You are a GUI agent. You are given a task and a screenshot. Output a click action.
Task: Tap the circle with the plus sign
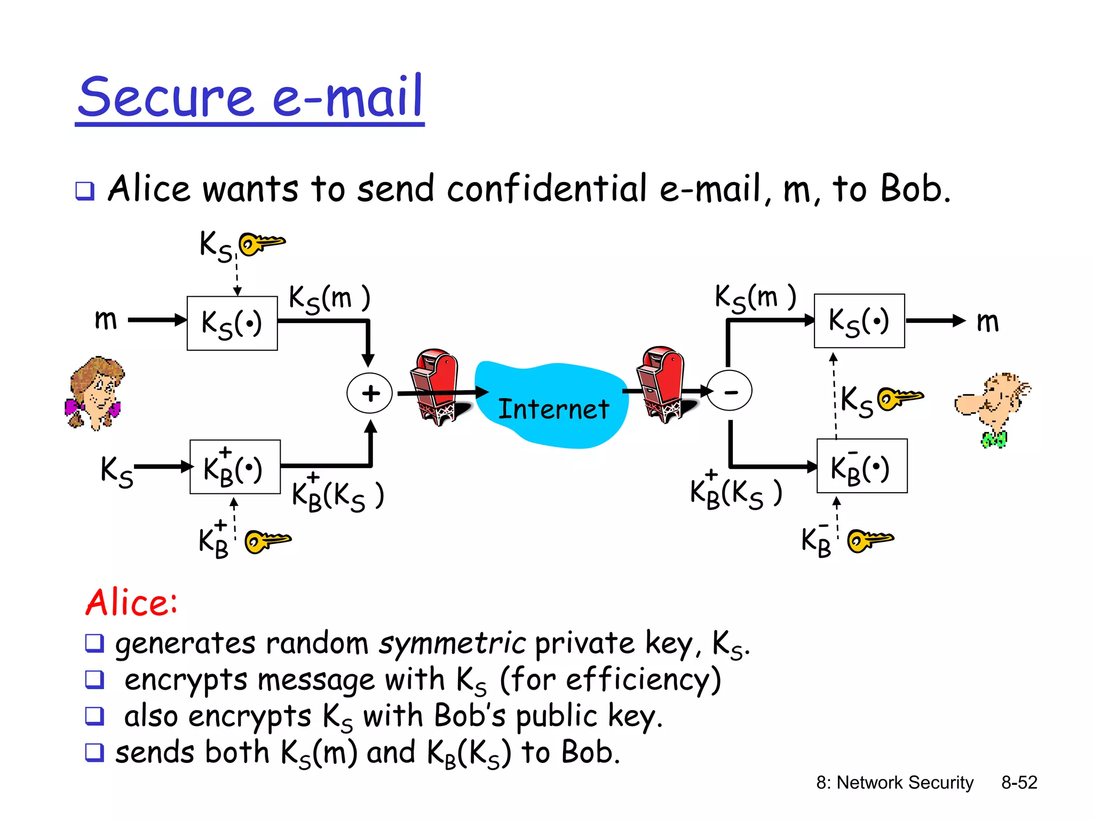[x=369, y=393]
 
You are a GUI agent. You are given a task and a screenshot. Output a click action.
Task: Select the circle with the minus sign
[x=730, y=391]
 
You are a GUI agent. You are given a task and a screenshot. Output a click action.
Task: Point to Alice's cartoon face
[x=94, y=393]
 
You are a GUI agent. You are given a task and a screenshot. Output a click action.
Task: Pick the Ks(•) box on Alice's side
[x=232, y=324]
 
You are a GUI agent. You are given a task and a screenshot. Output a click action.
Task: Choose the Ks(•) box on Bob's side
[x=859, y=321]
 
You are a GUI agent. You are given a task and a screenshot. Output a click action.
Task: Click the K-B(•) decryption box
[x=862, y=466]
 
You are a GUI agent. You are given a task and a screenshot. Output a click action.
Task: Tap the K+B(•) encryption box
[x=235, y=467]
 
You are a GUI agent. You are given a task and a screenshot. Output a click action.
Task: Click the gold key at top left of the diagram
[x=262, y=243]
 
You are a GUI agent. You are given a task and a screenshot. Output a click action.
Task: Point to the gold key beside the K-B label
[x=870, y=540]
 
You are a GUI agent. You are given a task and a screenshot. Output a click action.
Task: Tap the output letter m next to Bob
[x=987, y=322]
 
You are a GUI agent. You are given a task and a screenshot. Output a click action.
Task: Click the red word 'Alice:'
[x=131, y=603]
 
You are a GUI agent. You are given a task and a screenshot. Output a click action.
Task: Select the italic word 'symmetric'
[x=453, y=643]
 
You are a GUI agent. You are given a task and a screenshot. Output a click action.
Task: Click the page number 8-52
[x=1019, y=783]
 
